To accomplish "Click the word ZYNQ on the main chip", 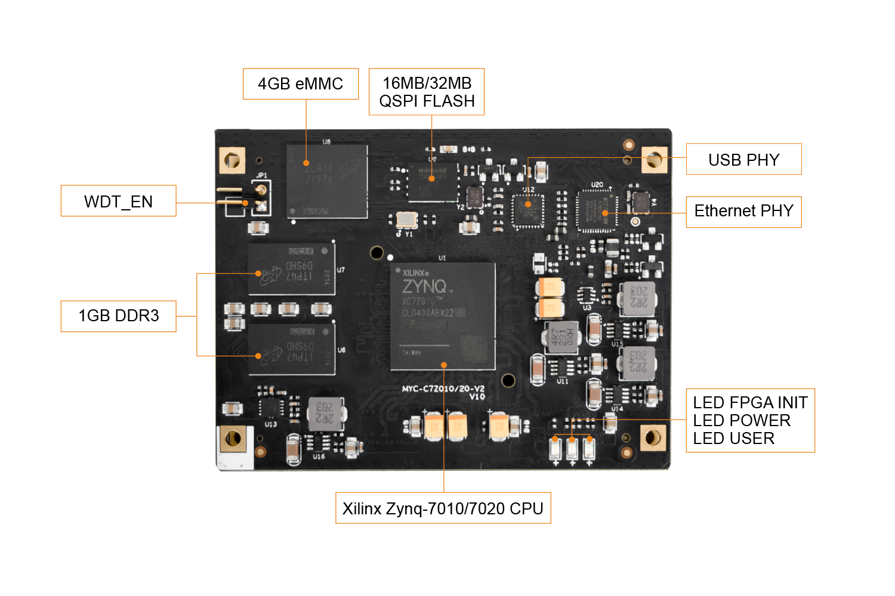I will pyautogui.click(x=424, y=287).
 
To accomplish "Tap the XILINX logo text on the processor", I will pyautogui.click(x=415, y=273).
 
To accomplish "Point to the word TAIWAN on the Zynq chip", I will pyautogui.click(x=412, y=353).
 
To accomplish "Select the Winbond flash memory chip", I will pyautogui.click(x=433, y=181).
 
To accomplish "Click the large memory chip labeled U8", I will pyautogui.click(x=326, y=181).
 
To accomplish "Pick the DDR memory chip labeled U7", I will pyautogui.click(x=292, y=269).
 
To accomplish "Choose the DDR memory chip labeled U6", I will pyautogui.click(x=292, y=350).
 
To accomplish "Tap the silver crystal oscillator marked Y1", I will pyautogui.click(x=406, y=219).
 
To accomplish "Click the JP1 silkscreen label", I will pyautogui.click(x=261, y=176).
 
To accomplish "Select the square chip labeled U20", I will pyautogui.click(x=597, y=212).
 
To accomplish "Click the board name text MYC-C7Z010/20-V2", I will pyautogui.click(x=443, y=389).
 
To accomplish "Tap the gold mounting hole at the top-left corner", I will pyautogui.click(x=232, y=160).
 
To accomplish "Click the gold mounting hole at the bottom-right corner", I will pyautogui.click(x=653, y=438).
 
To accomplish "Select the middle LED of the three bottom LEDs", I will pyautogui.click(x=572, y=448).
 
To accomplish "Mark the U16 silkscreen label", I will pyautogui.click(x=319, y=457).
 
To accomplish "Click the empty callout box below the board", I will pyautogui.click(x=443, y=508).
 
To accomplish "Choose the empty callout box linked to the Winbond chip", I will pyautogui.click(x=427, y=92).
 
